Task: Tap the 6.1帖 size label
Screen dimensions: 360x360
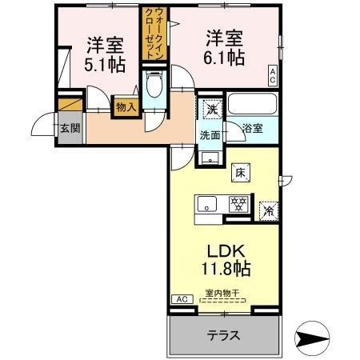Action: click(x=224, y=58)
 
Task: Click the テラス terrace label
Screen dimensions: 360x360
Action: click(x=225, y=335)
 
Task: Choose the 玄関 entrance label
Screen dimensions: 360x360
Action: click(x=68, y=127)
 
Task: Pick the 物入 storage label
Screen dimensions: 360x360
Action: click(x=125, y=106)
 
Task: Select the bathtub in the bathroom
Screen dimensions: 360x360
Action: click(x=252, y=105)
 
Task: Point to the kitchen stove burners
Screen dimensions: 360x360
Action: click(x=238, y=204)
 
